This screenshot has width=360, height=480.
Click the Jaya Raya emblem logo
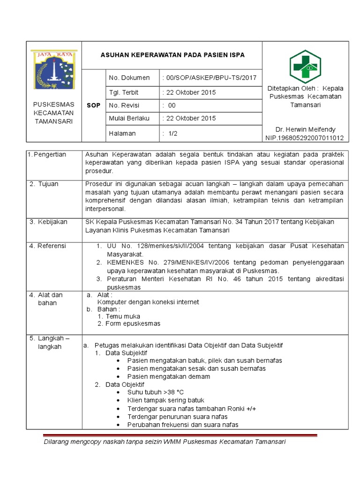pos(53,69)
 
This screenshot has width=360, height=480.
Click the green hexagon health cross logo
pos(305,66)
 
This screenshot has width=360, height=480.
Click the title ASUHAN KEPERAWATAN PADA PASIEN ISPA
pos(172,55)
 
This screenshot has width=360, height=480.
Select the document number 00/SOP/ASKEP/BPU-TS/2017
pos(209,78)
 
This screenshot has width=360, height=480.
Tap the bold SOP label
pos(93,105)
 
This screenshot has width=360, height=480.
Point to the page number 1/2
pos(169,134)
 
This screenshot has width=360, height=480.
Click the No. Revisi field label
pos(124,105)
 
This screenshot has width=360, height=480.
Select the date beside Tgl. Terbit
pos(189,92)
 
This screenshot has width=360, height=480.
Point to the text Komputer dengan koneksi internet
pos(148,302)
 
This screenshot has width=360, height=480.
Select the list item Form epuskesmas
pos(133,323)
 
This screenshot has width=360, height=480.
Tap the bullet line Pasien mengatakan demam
pos(169,376)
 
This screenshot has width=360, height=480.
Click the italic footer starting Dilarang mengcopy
pos(164,442)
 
